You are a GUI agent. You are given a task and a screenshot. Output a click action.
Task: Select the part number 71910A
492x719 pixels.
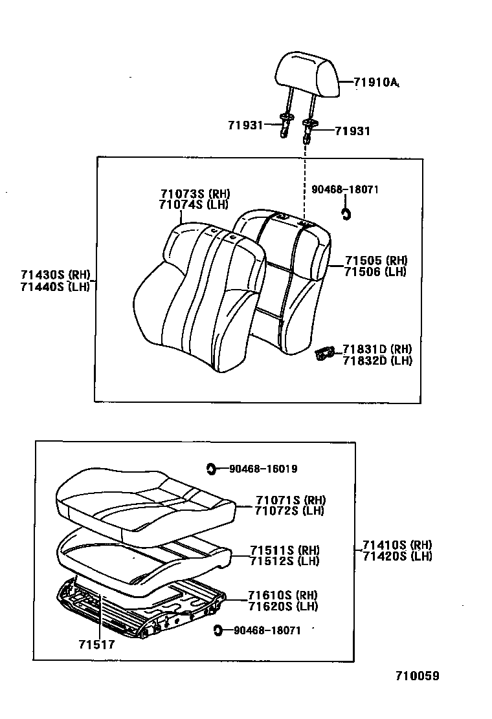[375, 82]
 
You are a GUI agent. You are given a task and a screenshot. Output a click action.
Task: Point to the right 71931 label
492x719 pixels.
[353, 131]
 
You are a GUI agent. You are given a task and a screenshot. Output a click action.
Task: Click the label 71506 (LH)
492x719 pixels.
[375, 272]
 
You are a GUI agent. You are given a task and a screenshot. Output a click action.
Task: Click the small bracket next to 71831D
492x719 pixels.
[324, 354]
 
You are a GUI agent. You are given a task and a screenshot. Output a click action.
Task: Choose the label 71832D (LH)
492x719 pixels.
[377, 361]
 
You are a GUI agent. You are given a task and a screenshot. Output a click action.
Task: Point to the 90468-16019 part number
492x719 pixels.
[263, 469]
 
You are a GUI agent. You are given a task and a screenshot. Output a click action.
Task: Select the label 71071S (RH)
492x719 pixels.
[290, 500]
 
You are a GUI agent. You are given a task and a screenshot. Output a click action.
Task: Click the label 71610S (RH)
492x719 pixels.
[283, 595]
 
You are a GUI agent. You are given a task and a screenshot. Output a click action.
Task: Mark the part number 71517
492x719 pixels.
[96, 644]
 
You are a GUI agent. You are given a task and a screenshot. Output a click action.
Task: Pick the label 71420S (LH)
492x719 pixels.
[397, 556]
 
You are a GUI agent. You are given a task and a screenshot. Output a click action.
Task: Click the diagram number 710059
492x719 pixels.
[418, 676]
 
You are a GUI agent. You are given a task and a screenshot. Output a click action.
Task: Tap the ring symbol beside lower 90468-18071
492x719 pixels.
[218, 630]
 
